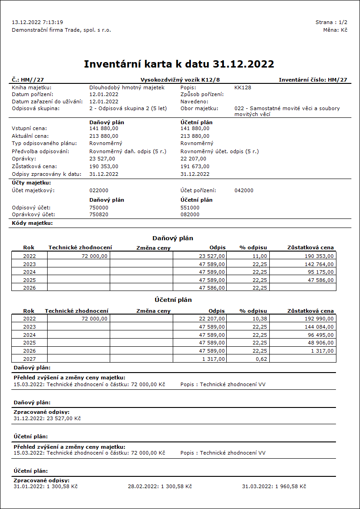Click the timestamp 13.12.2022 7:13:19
[x=37, y=22]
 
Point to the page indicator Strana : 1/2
[x=331, y=22]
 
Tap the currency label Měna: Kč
[x=335, y=30]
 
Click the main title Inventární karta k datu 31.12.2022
[x=179, y=64]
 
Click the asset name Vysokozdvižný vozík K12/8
[x=180, y=80]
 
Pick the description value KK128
[x=243, y=87]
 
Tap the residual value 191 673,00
[x=195, y=166]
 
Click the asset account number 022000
[x=99, y=190]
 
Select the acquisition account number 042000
[x=244, y=190]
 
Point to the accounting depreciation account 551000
[x=190, y=207]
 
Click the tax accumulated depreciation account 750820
[x=99, y=214]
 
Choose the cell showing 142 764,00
[x=319, y=264]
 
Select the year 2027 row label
[x=29, y=359]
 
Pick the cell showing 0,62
[x=262, y=359]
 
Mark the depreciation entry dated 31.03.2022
[x=274, y=486]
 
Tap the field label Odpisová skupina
[x=36, y=109]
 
